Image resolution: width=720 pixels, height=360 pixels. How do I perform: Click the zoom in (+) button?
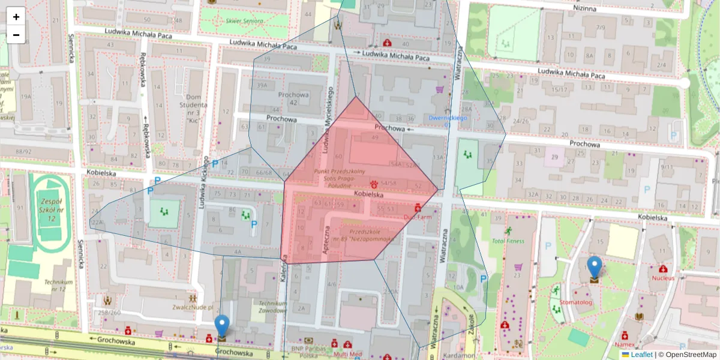point(16,17)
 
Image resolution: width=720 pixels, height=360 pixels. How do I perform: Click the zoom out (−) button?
point(16,35)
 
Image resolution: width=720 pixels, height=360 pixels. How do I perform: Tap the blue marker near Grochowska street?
point(222,327)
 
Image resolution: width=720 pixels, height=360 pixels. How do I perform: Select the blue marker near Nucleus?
point(594,268)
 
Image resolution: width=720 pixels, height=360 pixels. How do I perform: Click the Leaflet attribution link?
point(641,355)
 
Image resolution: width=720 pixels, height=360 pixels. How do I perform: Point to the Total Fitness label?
point(508,241)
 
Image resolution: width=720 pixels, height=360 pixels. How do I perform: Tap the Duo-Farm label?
point(418,217)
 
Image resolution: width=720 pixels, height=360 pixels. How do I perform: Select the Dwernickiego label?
point(448,118)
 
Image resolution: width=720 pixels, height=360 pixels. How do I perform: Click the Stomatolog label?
point(576,302)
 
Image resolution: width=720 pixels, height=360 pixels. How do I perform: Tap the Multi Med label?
point(349,354)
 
